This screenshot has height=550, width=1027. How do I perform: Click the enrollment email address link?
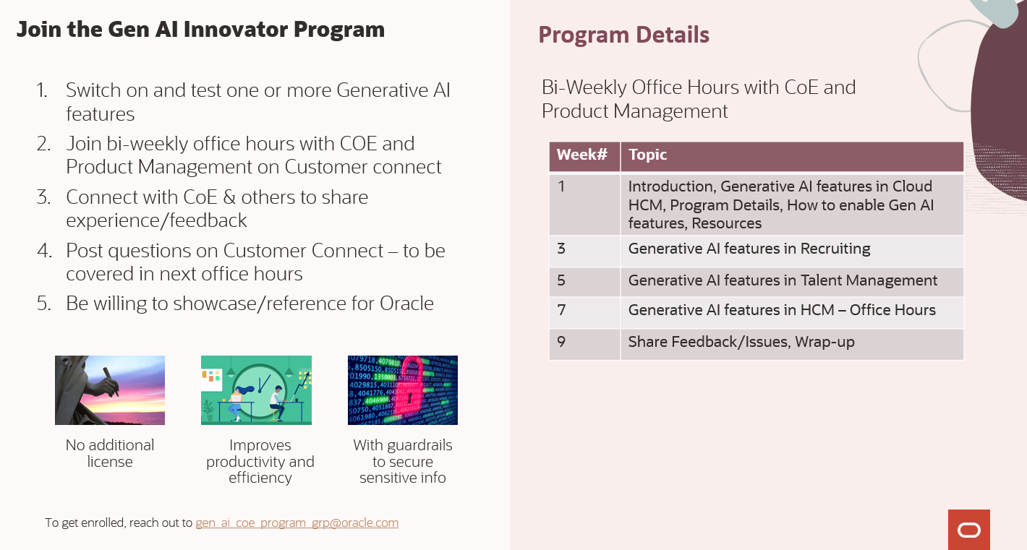coord(297,523)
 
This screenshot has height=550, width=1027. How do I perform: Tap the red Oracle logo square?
coord(968,530)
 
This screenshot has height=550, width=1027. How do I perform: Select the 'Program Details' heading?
coord(623,35)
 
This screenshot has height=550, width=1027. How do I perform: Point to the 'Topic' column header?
coord(647,155)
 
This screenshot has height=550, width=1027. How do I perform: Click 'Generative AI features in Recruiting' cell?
coord(749,249)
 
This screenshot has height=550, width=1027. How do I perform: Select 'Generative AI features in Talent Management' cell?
coord(783,280)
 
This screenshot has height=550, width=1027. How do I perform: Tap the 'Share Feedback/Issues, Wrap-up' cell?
coord(741,342)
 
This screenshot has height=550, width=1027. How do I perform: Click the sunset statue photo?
coord(110,390)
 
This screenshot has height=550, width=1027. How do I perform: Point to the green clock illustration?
coord(256,390)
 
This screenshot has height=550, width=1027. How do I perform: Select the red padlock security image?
coord(403,390)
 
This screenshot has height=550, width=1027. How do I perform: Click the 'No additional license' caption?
coord(110,453)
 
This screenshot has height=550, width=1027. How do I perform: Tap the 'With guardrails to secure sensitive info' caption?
coord(403,461)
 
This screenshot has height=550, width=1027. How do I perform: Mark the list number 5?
coord(43,304)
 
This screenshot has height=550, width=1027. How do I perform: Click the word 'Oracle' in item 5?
coord(406,304)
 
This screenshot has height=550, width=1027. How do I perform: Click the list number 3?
coord(43,197)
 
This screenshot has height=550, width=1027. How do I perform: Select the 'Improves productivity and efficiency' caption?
coord(260,461)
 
